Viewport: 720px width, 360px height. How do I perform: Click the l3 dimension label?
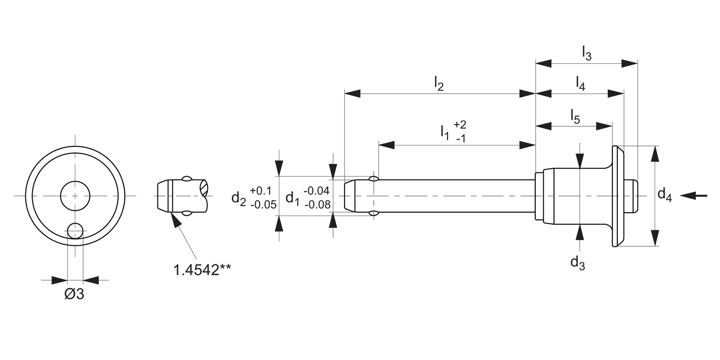click(x=586, y=53)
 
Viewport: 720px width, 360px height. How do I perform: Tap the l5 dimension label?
click(x=575, y=117)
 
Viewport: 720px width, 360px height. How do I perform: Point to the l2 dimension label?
click(x=438, y=84)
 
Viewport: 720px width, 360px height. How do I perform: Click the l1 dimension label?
click(x=445, y=132)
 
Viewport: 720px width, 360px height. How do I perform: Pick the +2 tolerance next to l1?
click(x=459, y=125)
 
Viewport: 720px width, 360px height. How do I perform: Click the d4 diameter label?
click(x=664, y=195)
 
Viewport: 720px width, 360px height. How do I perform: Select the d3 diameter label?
click(x=577, y=263)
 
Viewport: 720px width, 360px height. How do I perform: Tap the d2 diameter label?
click(x=239, y=197)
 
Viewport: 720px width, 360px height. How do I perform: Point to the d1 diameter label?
click(x=292, y=197)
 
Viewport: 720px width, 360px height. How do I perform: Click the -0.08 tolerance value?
click(x=317, y=205)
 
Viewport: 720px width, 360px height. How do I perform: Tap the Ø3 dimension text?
click(x=74, y=294)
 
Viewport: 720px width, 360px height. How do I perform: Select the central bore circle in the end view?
click(x=75, y=195)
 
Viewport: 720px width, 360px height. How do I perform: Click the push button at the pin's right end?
click(x=632, y=196)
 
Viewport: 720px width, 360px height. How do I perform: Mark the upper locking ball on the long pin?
click(x=374, y=179)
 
